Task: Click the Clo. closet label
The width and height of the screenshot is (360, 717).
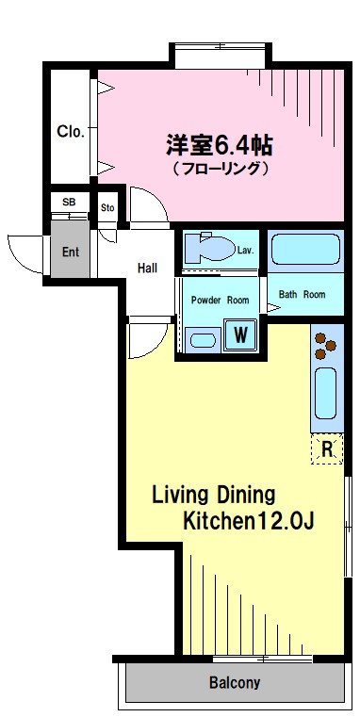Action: pyautogui.click(x=71, y=132)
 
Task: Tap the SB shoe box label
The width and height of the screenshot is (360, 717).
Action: pyautogui.click(x=69, y=203)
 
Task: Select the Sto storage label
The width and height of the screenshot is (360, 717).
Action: pyautogui.click(x=107, y=208)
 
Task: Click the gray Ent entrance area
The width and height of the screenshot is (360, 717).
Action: pyautogui.click(x=70, y=250)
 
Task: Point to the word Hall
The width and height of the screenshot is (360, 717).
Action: pyautogui.click(x=147, y=268)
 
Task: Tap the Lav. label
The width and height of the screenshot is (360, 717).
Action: pyautogui.click(x=246, y=251)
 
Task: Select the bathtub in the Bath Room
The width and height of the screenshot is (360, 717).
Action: pyautogui.click(x=305, y=250)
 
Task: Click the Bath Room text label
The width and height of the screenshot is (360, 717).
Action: pyautogui.click(x=302, y=295)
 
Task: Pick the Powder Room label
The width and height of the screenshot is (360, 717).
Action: pyautogui.click(x=220, y=300)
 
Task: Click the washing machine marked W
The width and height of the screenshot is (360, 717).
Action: pyautogui.click(x=240, y=335)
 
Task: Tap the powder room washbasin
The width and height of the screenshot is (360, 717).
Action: pyautogui.click(x=204, y=341)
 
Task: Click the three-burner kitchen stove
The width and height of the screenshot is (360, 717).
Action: pyautogui.click(x=325, y=346)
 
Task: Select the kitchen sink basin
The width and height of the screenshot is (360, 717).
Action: pyautogui.click(x=325, y=393)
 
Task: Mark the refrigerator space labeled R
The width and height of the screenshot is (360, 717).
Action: pyautogui.click(x=327, y=448)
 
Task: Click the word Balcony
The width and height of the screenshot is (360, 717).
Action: pyautogui.click(x=235, y=683)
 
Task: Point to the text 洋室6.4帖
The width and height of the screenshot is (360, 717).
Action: pyautogui.click(x=220, y=146)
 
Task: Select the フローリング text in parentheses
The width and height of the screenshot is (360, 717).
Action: pyautogui.click(x=220, y=169)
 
